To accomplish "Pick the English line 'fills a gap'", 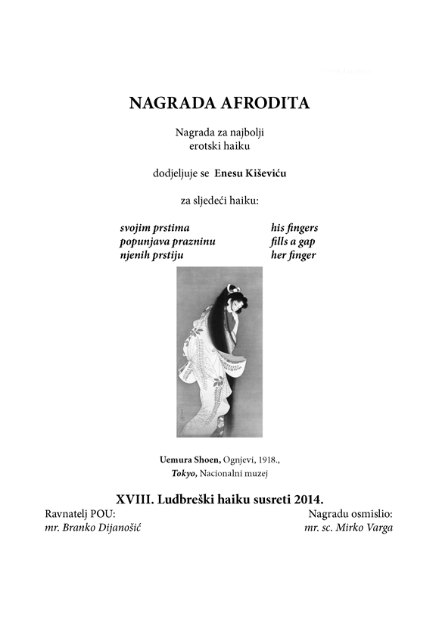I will pyautogui.click(x=292, y=241).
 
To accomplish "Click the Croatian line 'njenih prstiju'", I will pyautogui.click(x=151, y=255).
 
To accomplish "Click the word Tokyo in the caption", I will pyautogui.click(x=184, y=473).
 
